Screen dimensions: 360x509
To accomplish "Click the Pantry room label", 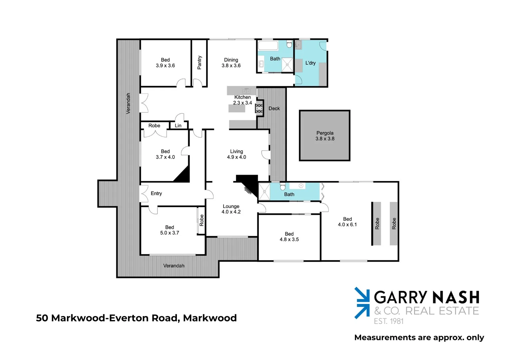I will [199, 63].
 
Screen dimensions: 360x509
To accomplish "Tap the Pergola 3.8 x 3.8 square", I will [325, 136].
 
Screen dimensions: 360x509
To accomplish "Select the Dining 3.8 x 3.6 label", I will [231, 63].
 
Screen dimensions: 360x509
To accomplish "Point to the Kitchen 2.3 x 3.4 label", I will [243, 100].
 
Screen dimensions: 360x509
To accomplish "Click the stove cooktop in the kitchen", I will [259, 108].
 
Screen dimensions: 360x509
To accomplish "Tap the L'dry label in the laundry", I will [310, 63].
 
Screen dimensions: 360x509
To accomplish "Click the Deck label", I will [274, 108].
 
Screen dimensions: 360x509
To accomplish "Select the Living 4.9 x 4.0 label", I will [237, 154].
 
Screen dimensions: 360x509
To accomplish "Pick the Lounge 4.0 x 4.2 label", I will [231, 209].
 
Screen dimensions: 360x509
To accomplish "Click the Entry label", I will [156, 193].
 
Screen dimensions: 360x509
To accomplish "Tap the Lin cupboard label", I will [178, 126].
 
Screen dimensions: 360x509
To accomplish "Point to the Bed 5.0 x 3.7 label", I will [170, 230].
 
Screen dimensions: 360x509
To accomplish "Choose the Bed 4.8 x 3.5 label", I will [289, 237].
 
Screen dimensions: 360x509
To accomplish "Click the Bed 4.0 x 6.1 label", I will [347, 222].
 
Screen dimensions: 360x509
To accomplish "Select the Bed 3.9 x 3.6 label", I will [165, 63].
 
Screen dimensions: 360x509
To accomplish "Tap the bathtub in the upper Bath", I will [268, 45].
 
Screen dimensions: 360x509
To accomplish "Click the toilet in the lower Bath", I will [283, 186].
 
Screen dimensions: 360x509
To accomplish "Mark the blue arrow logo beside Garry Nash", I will [362, 303].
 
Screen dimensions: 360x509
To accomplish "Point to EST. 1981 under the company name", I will [389, 321].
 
